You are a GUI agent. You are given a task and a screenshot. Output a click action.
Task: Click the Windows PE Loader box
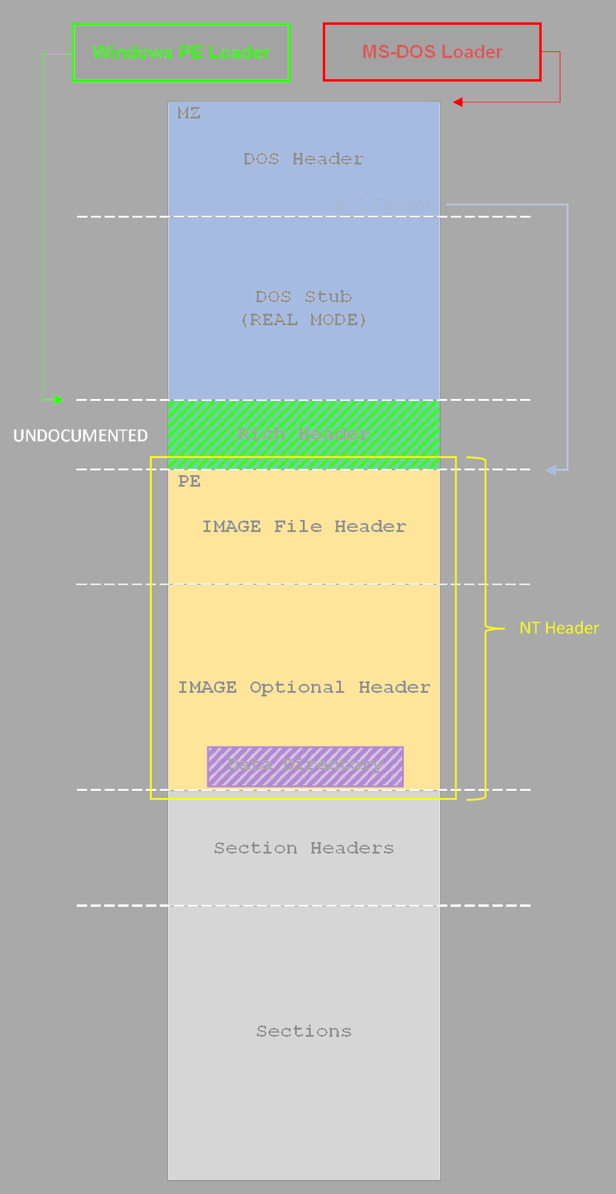(181, 53)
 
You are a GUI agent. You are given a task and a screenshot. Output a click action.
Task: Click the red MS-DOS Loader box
(432, 52)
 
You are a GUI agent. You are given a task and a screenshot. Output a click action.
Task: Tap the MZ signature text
(189, 114)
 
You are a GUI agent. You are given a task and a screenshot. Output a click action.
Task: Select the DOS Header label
(303, 159)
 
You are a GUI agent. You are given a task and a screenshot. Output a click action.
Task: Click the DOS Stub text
(303, 297)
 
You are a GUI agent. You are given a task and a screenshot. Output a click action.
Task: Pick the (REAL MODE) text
(303, 320)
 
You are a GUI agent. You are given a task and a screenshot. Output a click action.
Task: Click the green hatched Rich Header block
(303, 434)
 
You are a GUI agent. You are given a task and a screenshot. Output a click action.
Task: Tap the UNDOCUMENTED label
(80, 436)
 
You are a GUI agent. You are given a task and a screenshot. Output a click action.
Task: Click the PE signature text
(189, 482)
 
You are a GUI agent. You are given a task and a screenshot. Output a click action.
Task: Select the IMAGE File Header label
(303, 527)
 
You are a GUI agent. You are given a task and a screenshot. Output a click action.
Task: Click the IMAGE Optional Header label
(303, 687)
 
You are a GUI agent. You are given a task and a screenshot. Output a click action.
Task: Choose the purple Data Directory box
(305, 765)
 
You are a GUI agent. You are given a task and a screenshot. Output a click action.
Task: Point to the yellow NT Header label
(559, 628)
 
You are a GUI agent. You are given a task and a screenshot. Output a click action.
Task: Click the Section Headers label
(303, 848)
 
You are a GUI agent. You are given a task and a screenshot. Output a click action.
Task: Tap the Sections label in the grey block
(303, 1031)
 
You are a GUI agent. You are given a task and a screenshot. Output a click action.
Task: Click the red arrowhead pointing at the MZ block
(458, 102)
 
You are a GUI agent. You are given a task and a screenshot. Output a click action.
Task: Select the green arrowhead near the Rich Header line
(59, 400)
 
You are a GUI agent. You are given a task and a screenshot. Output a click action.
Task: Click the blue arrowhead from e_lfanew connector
(551, 470)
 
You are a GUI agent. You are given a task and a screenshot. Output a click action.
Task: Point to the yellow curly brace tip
(502, 629)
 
